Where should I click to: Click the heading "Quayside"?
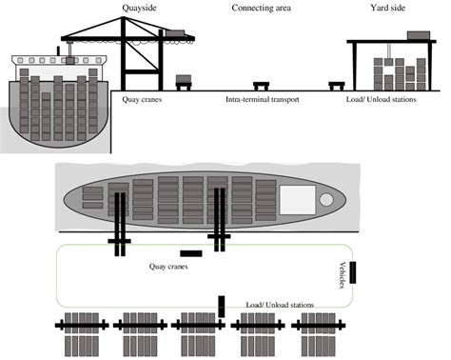pos(139,9)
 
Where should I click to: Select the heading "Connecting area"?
pos(262,9)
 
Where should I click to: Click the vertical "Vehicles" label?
pos(343,275)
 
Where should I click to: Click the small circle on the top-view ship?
pos(326,200)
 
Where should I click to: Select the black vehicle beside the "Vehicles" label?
pos(353,272)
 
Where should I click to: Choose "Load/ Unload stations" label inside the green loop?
pos(280,304)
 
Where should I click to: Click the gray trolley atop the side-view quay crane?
pos(174,34)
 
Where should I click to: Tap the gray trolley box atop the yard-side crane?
pos(417,35)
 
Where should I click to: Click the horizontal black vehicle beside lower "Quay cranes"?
pos(190,253)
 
